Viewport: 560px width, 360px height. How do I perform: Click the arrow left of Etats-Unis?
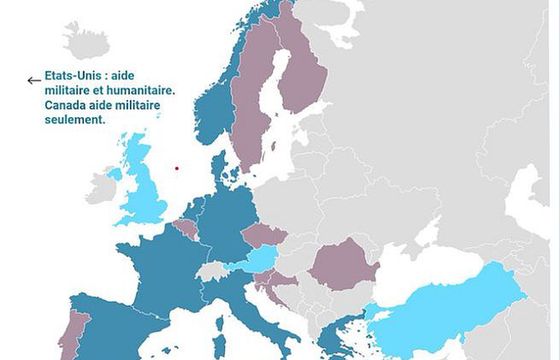pos(33,81)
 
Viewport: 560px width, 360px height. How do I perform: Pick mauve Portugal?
pos(73,335)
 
